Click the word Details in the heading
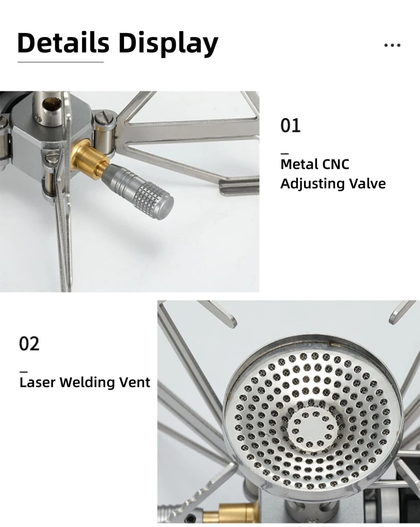(63, 43)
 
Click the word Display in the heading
(169, 44)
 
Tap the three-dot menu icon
(392, 45)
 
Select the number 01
(290, 125)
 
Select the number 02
(29, 343)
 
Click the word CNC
(335, 164)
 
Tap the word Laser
(37, 382)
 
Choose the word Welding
(87, 383)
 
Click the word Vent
(135, 383)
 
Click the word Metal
(299, 164)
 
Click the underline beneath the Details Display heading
(61, 62)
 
